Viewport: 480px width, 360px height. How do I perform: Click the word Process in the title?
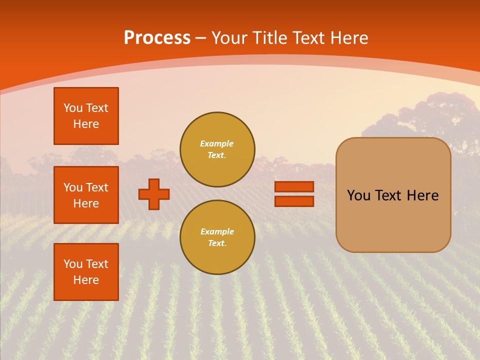click(x=157, y=38)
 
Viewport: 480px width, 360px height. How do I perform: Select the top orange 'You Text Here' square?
click(x=86, y=116)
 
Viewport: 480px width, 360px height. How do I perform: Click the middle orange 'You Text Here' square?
click(x=86, y=195)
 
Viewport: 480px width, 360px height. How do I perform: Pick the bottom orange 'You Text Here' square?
click(x=86, y=272)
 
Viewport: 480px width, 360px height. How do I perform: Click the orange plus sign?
click(x=154, y=194)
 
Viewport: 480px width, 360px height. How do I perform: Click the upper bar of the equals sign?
click(x=294, y=186)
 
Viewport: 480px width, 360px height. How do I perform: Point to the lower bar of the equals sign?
click(x=294, y=201)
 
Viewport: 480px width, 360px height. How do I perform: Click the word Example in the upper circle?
click(x=217, y=143)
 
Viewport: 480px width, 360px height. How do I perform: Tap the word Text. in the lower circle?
click(x=217, y=243)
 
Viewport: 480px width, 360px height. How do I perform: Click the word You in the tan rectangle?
click(x=358, y=195)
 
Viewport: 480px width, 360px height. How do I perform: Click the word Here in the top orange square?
click(x=86, y=124)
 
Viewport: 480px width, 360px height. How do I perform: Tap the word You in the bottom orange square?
click(x=73, y=264)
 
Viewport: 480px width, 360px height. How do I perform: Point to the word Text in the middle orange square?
click(x=97, y=187)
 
